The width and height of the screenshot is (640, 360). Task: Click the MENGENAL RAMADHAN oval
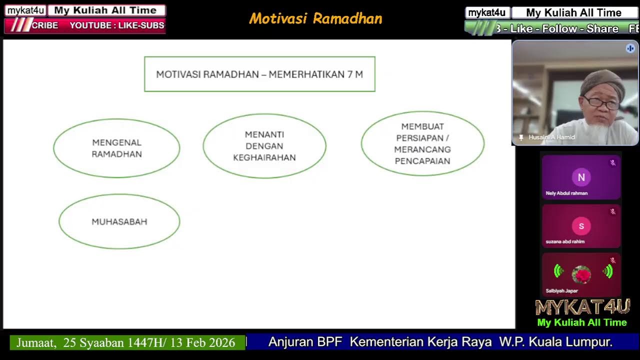point(116,148)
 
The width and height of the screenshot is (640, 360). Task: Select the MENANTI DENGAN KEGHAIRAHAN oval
point(264,146)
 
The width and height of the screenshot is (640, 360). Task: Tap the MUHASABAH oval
point(119,221)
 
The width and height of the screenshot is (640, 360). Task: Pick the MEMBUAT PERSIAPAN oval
point(422,144)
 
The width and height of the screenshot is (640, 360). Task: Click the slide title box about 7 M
point(259,74)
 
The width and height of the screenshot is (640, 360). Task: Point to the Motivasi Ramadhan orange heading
point(315,18)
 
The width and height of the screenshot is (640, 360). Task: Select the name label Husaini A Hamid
point(551,137)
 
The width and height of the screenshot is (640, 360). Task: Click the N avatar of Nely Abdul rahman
point(581,177)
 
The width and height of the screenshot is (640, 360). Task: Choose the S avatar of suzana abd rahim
point(581,226)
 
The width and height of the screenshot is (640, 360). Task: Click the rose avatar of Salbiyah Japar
point(581,274)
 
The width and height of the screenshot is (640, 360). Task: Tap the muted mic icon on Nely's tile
point(612,163)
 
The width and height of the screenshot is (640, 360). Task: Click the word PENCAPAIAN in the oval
point(422,161)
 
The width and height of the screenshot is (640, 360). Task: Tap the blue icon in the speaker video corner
point(630,48)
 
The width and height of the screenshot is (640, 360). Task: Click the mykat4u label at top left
point(25,10)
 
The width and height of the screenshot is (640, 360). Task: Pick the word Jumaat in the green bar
point(36,342)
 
